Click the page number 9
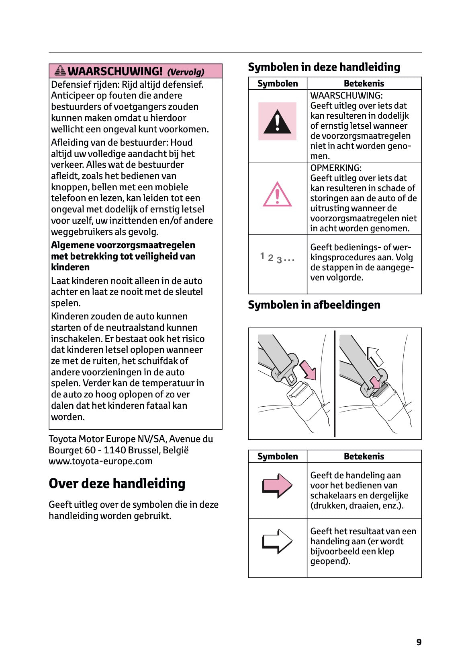(419, 642)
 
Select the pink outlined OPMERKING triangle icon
(277, 195)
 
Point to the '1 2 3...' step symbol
(277, 258)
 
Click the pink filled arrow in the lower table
(277, 485)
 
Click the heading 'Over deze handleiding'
(117, 483)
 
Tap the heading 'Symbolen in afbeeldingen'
(314, 305)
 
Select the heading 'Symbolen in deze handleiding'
(324, 67)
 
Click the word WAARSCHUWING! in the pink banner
(115, 71)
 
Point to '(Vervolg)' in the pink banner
(186, 72)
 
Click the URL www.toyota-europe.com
(100, 461)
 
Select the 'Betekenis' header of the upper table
(364, 83)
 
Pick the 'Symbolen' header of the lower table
(277, 456)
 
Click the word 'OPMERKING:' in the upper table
(336, 168)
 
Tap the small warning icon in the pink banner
(60, 71)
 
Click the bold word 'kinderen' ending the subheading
(70, 267)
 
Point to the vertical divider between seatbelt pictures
(335, 383)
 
